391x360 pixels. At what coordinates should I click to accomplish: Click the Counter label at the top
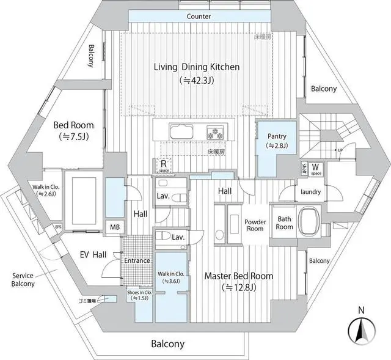tap(199, 17)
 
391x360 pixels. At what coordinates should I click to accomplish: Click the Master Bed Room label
tap(239, 276)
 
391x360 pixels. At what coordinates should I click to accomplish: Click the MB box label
tap(115, 227)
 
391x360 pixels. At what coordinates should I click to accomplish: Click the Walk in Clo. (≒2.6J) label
tap(46, 190)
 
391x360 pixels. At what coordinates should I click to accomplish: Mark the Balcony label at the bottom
tap(167, 343)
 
